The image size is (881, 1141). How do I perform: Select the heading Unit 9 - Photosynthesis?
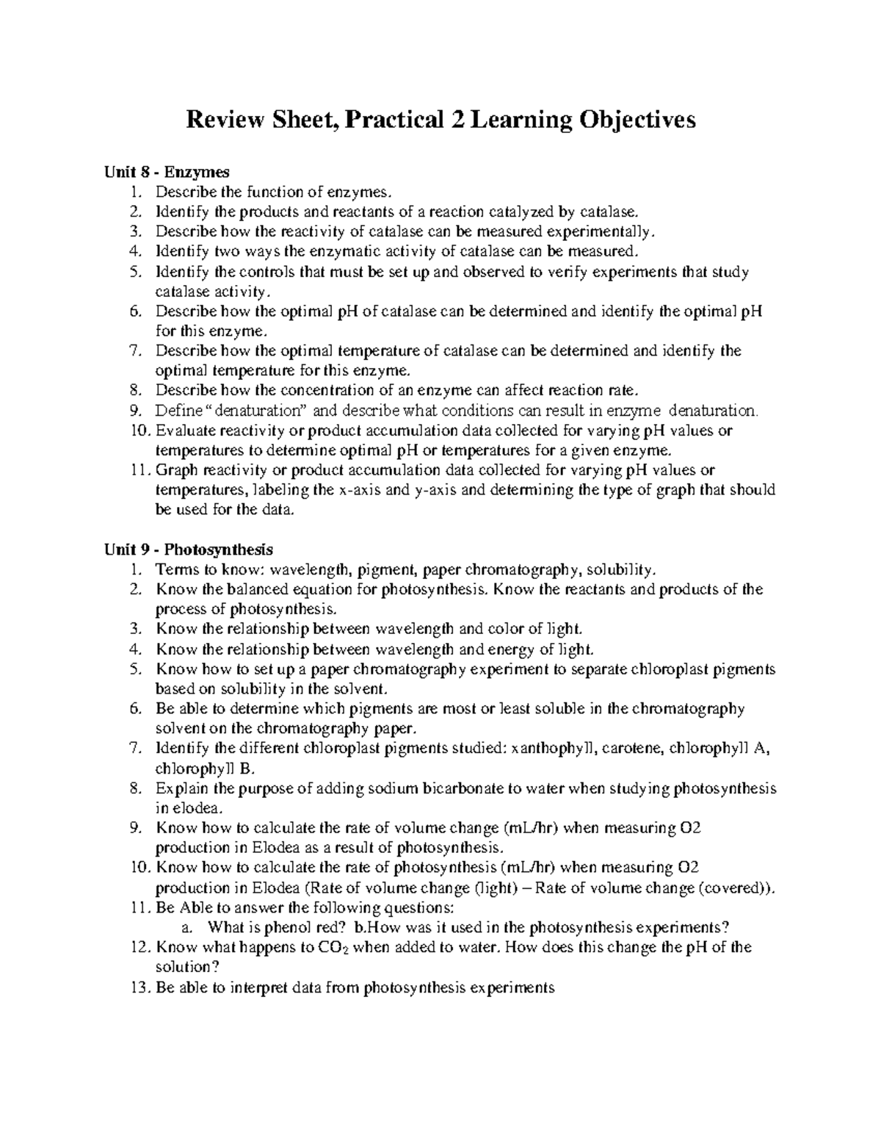point(189,549)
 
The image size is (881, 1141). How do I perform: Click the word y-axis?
point(436,490)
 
